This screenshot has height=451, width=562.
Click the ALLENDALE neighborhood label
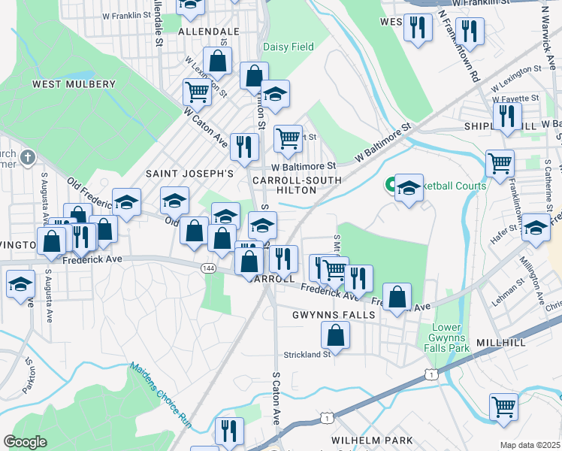click(x=208, y=32)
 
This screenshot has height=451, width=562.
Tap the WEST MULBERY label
click(x=74, y=85)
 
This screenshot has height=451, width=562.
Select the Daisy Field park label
click(x=289, y=47)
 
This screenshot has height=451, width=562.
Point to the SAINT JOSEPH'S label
click(x=189, y=174)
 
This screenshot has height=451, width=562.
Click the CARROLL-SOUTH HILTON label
click(x=297, y=185)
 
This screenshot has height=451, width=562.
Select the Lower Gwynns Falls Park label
click(x=451, y=337)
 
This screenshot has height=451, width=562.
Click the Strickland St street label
click(x=307, y=354)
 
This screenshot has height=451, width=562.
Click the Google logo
click(x=25, y=442)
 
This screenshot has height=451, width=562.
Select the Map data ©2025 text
click(x=530, y=445)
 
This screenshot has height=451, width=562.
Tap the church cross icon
click(x=27, y=158)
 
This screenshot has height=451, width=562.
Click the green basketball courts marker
click(x=391, y=184)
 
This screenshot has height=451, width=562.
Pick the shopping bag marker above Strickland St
click(x=335, y=335)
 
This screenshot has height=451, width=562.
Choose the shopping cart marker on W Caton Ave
click(x=196, y=92)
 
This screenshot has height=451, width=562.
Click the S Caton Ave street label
click(x=276, y=397)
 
